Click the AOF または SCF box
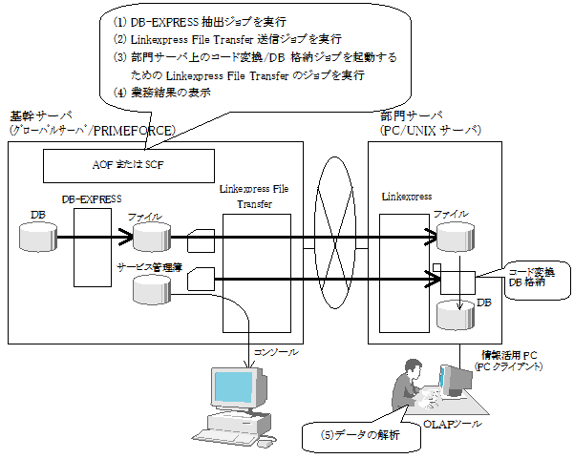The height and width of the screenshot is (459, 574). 129,166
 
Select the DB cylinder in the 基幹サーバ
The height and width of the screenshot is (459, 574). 38,237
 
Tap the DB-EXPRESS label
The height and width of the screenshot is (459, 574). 92,199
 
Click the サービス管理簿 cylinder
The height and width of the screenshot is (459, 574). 152,290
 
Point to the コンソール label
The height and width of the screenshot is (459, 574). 276,352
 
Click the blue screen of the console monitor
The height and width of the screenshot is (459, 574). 233,387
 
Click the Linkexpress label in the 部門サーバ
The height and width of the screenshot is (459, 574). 407,197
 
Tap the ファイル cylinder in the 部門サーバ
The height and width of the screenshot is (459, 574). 456,237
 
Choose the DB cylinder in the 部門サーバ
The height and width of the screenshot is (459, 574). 456,315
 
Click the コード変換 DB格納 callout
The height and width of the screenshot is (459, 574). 538,280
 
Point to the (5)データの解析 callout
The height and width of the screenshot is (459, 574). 361,435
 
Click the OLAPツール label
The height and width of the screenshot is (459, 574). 453,424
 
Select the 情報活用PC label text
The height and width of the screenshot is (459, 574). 509,355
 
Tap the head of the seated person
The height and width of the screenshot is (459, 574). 413,366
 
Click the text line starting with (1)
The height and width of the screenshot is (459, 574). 200,22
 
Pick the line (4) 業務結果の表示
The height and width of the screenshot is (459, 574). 161,93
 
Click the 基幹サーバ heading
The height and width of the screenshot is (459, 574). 41,116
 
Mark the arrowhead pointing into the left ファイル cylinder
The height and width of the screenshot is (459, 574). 125,237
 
